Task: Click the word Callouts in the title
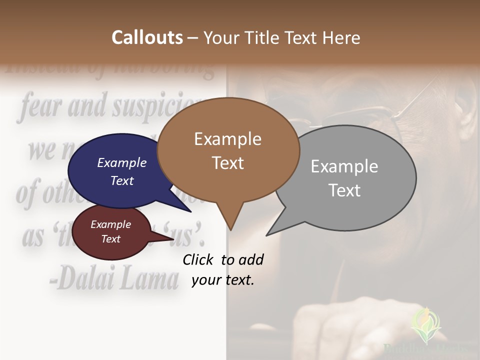click(x=147, y=37)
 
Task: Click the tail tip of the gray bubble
click(x=268, y=234)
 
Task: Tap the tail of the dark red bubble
click(x=170, y=239)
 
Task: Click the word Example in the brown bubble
click(x=227, y=139)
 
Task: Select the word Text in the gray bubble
click(x=344, y=190)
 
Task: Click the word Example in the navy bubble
click(x=122, y=162)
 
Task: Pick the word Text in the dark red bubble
click(x=111, y=239)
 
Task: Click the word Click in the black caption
click(x=198, y=259)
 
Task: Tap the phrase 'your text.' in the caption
click(x=223, y=280)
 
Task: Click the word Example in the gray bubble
click(x=344, y=166)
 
